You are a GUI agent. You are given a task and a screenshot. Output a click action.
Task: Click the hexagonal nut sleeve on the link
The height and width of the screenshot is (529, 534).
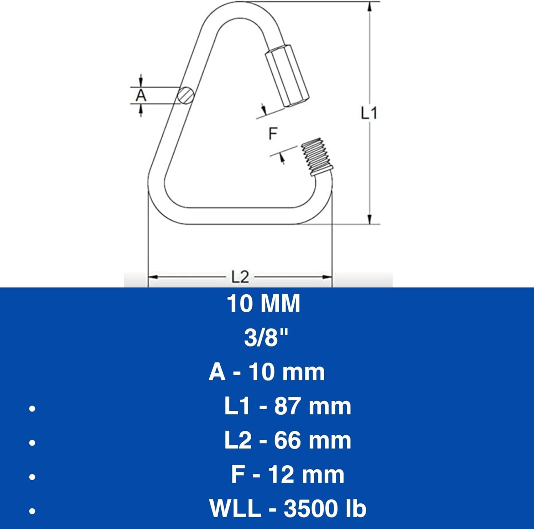pos(287,76)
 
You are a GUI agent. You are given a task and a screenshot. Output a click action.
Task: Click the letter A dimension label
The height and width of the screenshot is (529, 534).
pos(141,95)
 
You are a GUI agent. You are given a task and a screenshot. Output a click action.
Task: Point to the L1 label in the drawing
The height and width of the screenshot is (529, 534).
pos(369,113)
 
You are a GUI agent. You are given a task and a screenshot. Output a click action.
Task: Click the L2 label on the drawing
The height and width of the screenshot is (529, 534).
pos(240,277)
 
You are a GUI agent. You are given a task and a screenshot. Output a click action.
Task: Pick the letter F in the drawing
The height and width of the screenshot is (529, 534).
pos(273,134)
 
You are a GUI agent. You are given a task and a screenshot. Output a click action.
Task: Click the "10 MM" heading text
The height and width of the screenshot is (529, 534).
pos(263,304)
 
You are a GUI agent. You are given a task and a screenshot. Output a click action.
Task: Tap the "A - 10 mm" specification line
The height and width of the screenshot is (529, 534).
pos(267,372)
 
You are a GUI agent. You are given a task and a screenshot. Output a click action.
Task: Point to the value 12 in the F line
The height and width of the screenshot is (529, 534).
pos(281,474)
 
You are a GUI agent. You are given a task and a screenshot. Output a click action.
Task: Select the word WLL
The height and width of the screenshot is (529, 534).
pos(235,508)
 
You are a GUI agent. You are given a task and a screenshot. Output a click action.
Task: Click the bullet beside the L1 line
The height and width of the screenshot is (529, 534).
pos(32,408)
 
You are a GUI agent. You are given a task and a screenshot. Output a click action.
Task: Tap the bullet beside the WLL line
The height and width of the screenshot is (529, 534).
pos(32,511)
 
